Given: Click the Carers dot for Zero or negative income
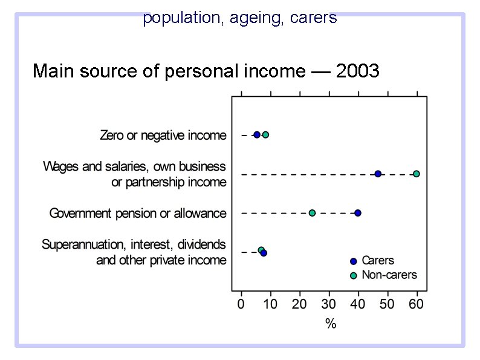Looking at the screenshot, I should [257, 135].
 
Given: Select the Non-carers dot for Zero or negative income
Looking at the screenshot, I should [265, 135].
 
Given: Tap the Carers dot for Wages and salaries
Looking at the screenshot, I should [378, 174].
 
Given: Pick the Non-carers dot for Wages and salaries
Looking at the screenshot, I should [416, 174].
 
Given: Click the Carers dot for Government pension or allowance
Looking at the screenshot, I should [358, 213].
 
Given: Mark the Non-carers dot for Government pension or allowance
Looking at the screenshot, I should [312, 213].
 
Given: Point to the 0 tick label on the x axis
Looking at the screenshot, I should [241, 304].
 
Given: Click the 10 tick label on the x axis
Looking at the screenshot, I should [270, 304].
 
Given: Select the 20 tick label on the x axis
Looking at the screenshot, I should [299, 304].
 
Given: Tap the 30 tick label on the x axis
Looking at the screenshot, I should [329, 304].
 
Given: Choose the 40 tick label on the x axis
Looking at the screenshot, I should [358, 304].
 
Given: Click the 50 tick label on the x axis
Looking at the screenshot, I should [387, 304].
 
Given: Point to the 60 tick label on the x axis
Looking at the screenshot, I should [417, 304].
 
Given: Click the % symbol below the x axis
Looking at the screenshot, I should [331, 324].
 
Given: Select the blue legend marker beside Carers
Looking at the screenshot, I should [354, 261].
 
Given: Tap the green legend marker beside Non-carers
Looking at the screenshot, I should [354, 276].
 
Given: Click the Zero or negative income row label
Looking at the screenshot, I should [163, 136].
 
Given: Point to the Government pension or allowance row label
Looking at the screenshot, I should [138, 214].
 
